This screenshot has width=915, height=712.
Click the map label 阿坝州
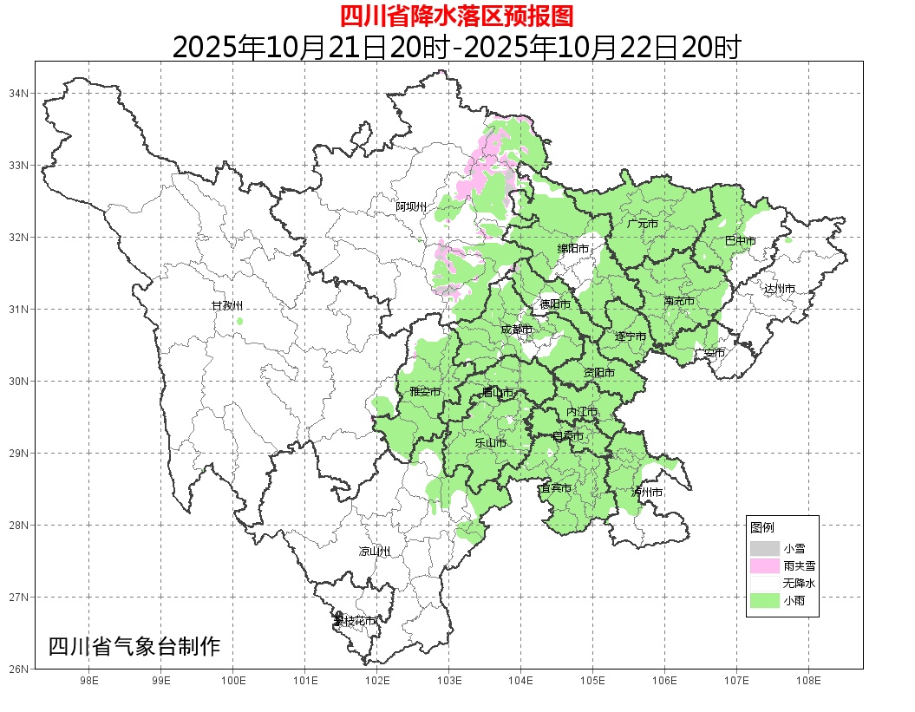[x=411, y=206]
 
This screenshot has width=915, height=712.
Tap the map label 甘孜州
[x=227, y=306]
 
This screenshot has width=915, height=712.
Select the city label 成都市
[x=518, y=330]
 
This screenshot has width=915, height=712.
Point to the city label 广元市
[x=643, y=224]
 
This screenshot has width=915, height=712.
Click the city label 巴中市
[x=740, y=241]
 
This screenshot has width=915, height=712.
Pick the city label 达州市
[x=779, y=288]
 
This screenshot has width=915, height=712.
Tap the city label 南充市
[x=679, y=301]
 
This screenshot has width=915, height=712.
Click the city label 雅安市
[x=425, y=392]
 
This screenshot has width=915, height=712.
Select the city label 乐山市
[x=491, y=442]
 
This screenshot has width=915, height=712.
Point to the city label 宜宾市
[x=555, y=488]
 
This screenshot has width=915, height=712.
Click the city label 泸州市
[x=647, y=492]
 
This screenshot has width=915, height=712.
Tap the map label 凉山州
[x=375, y=552]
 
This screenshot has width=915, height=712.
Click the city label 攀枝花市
[x=356, y=621]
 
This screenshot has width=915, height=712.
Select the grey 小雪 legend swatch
[x=765, y=548]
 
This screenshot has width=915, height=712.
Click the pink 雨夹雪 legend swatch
[x=765, y=565]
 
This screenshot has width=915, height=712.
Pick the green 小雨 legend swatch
[x=765, y=601]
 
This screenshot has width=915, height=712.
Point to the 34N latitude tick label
[x=19, y=93]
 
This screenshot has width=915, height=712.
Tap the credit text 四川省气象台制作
[x=134, y=646]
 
